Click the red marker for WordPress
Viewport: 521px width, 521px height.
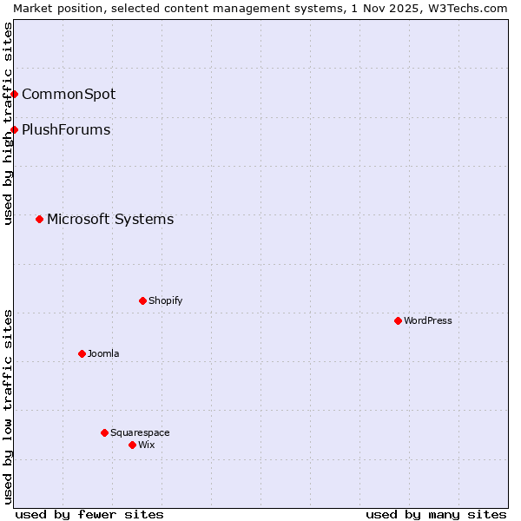pyautogui.click(x=398, y=320)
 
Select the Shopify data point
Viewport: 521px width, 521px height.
pyautogui.click(x=142, y=300)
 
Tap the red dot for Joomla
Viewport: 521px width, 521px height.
pyautogui.click(x=82, y=353)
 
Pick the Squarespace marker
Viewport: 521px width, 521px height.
pyautogui.click(x=104, y=432)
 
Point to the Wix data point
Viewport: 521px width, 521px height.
pyautogui.click(x=132, y=445)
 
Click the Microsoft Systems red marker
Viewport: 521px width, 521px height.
pyautogui.click(x=39, y=219)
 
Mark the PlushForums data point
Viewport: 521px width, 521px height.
pyautogui.click(x=15, y=129)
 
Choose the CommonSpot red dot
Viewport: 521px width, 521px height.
pyautogui.click(x=15, y=94)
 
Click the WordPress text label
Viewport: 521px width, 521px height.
pyautogui.click(x=428, y=320)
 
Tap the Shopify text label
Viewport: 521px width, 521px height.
pyautogui.click(x=165, y=300)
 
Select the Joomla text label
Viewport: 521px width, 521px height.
pyautogui.click(x=103, y=353)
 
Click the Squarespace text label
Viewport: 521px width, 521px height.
pyautogui.click(x=140, y=432)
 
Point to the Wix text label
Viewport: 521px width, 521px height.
pyautogui.click(x=147, y=445)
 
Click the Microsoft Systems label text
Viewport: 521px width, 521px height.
pyautogui.click(x=110, y=219)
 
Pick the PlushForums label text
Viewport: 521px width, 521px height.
pyautogui.click(x=66, y=129)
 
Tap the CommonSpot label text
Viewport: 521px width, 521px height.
pyautogui.click(x=69, y=94)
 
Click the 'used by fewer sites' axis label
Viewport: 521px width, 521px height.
pyautogui.click(x=89, y=514)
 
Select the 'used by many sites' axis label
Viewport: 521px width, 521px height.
pyautogui.click(x=436, y=514)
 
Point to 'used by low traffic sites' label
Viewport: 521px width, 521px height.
pyautogui.click(x=8, y=406)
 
